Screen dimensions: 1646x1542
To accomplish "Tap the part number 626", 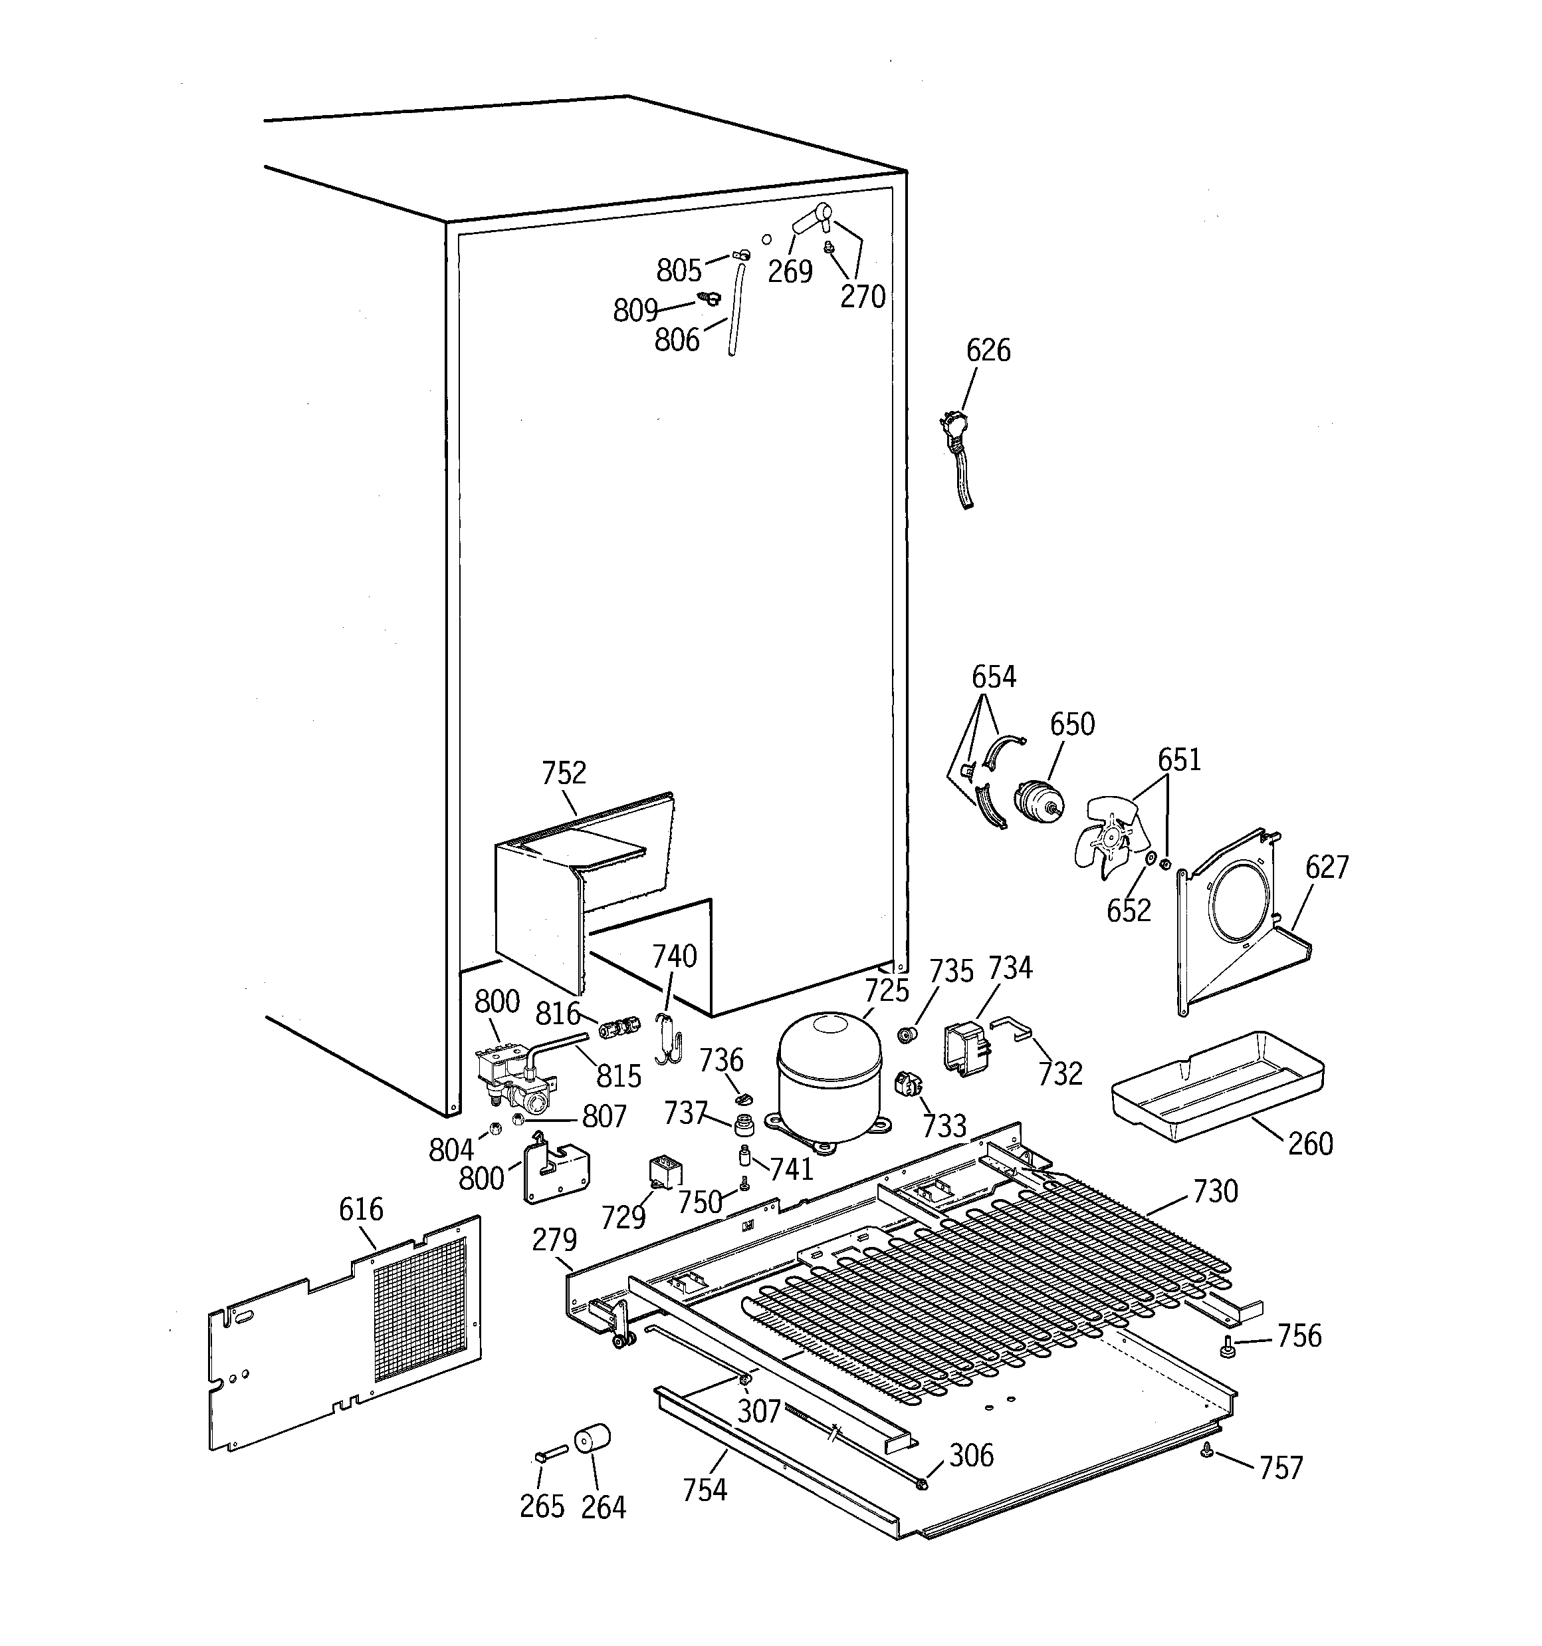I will click(x=988, y=350).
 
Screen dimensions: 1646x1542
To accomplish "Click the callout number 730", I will click(x=1215, y=1192).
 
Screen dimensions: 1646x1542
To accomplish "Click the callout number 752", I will click(x=564, y=773).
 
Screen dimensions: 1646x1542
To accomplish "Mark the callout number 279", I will click(x=554, y=1240).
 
